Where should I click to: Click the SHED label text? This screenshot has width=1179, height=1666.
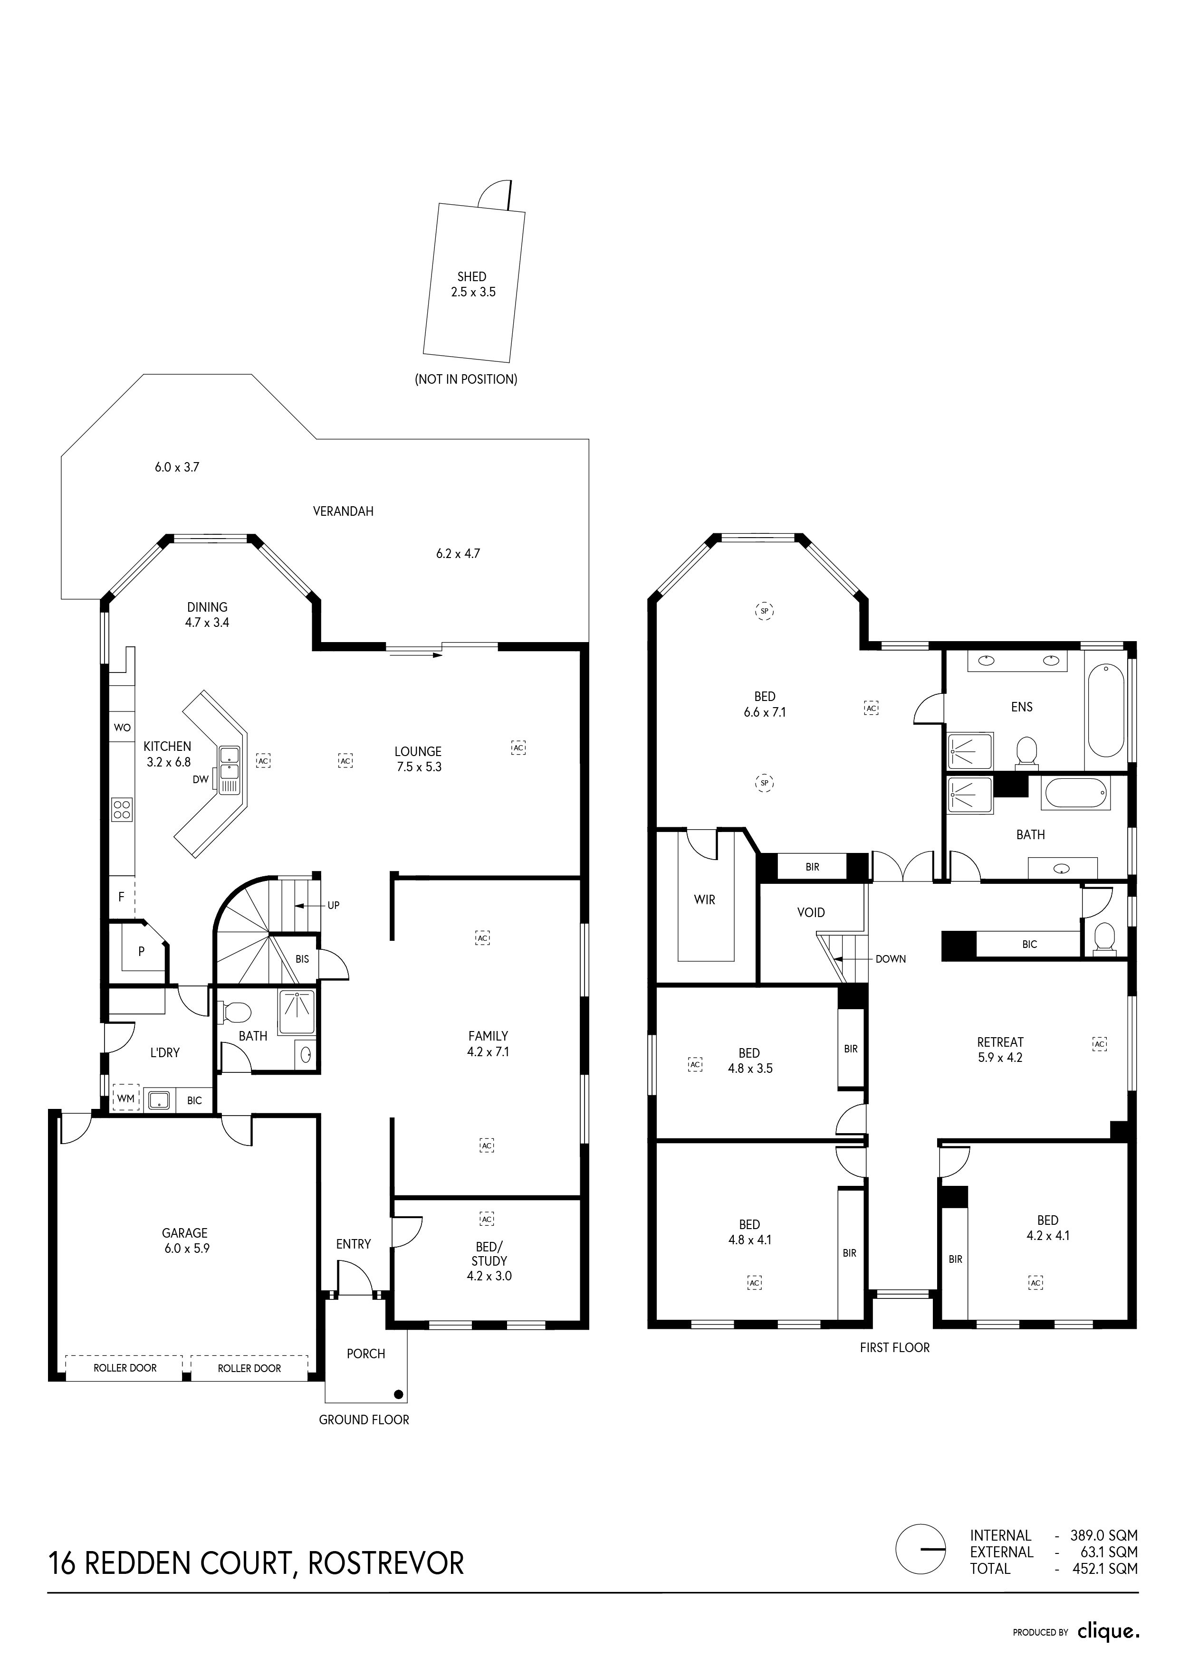(x=472, y=276)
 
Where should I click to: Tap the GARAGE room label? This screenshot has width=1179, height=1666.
(x=184, y=1233)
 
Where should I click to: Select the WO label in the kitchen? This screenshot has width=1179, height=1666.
(x=122, y=727)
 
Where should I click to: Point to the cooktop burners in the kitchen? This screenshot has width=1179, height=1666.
(x=122, y=809)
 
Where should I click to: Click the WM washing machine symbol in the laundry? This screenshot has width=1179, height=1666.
(x=125, y=1098)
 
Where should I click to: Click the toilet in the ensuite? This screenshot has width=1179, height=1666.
(x=1026, y=750)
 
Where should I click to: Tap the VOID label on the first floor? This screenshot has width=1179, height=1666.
(x=811, y=912)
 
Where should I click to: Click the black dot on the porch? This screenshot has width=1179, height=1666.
(x=398, y=1394)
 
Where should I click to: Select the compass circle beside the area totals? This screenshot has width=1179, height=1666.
(x=920, y=1568)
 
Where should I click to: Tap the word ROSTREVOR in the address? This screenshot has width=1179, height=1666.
(x=386, y=1563)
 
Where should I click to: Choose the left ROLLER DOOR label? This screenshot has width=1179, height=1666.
(x=125, y=1368)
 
